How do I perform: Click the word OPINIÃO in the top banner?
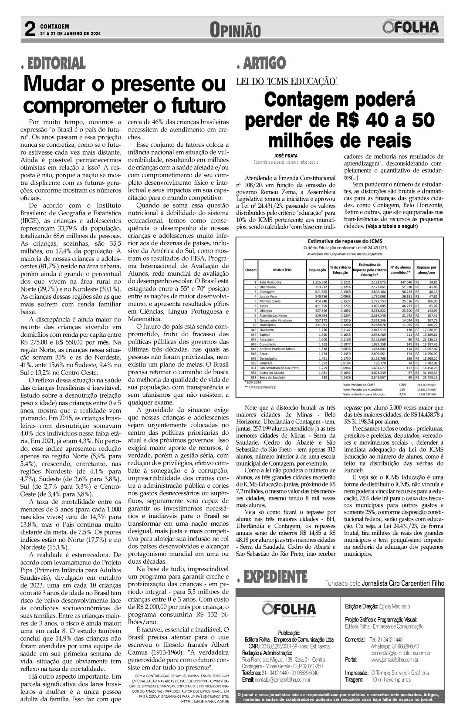point(235,30)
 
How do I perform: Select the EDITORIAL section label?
point(56,64)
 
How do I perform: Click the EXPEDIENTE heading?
point(275,577)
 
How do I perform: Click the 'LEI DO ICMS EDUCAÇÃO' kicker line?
point(287,81)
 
